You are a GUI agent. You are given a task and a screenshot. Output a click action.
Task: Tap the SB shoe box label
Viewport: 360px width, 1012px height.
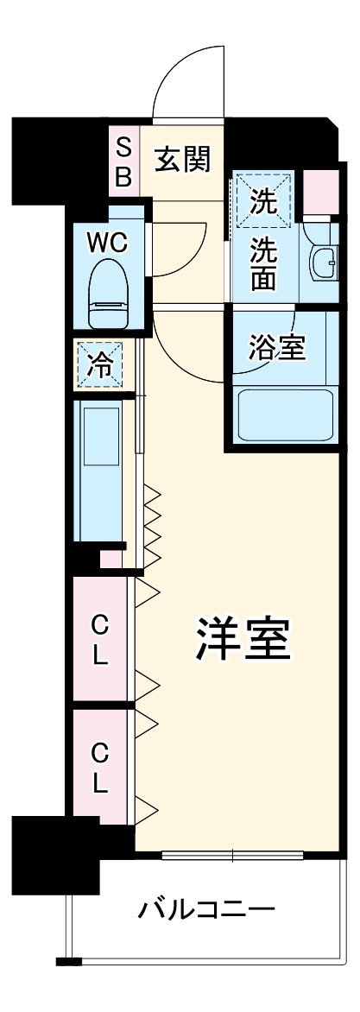pyautogui.click(x=123, y=161)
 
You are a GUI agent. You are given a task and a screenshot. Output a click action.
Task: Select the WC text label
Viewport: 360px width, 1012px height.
pyautogui.click(x=106, y=244)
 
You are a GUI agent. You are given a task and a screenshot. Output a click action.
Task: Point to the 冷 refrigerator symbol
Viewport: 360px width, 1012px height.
pyautogui.click(x=101, y=365)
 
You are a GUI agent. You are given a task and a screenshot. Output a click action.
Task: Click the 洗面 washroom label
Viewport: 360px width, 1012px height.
pyautogui.click(x=263, y=263)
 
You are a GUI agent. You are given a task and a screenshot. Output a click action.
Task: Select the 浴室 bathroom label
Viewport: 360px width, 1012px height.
pyautogui.click(x=275, y=348)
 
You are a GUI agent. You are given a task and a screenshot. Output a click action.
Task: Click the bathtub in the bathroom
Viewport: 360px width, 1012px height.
pyautogui.click(x=285, y=415)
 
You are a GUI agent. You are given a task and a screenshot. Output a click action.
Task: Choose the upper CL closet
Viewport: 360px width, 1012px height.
pyautogui.click(x=100, y=639)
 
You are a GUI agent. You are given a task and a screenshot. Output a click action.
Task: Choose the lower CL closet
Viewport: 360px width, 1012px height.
pyautogui.click(x=100, y=768)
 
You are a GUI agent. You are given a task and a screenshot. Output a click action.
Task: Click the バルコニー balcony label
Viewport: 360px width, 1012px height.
pyautogui.click(x=205, y=909)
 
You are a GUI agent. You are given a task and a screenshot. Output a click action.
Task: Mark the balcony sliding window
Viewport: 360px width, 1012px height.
pyautogui.click(x=233, y=857)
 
